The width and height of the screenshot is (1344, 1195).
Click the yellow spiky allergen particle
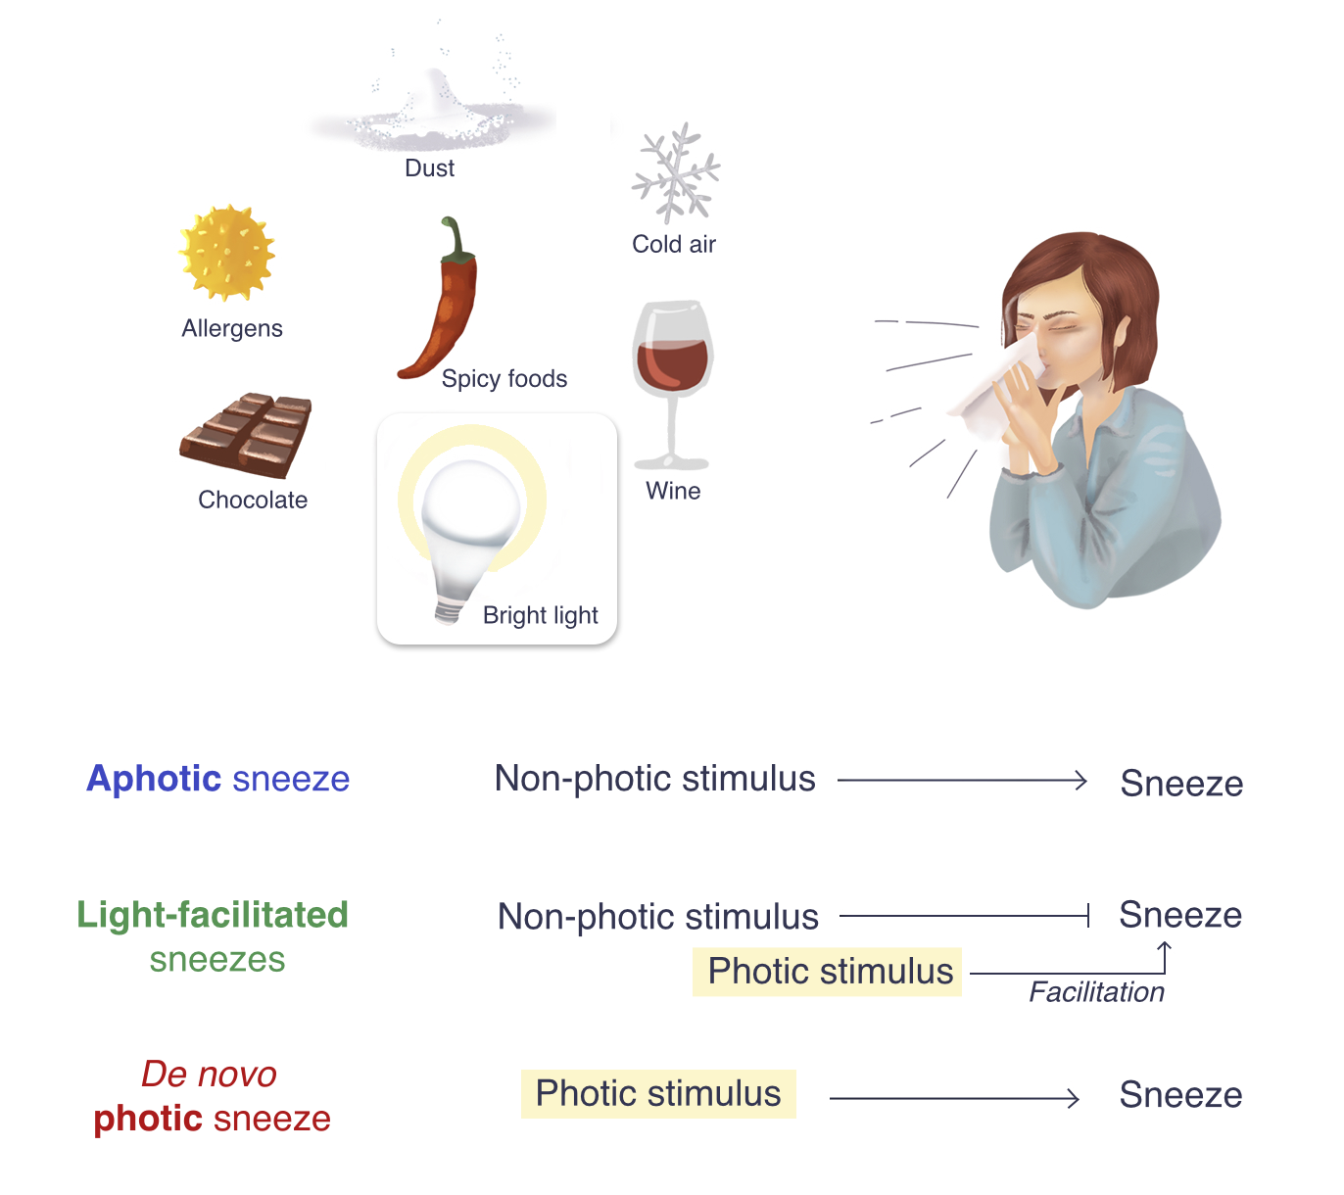227,253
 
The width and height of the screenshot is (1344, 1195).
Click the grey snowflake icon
675,173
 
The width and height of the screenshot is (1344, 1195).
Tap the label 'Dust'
429,168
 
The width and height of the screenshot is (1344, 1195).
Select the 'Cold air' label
674,244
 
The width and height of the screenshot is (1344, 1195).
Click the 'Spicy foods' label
504,379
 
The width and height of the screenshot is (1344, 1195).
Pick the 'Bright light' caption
540,615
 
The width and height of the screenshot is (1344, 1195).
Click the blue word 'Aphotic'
154,779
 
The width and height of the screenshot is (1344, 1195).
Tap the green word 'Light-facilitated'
213,915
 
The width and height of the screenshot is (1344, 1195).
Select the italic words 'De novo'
209,1075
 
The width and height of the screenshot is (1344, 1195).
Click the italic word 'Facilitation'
1096,992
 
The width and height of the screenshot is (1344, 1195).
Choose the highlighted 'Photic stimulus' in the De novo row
658,1094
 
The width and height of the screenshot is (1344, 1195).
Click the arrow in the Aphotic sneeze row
962,781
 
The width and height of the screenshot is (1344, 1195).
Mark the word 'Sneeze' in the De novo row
1180,1095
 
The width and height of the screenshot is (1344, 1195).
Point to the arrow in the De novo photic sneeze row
954,1098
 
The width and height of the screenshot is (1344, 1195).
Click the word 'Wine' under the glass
673,491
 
